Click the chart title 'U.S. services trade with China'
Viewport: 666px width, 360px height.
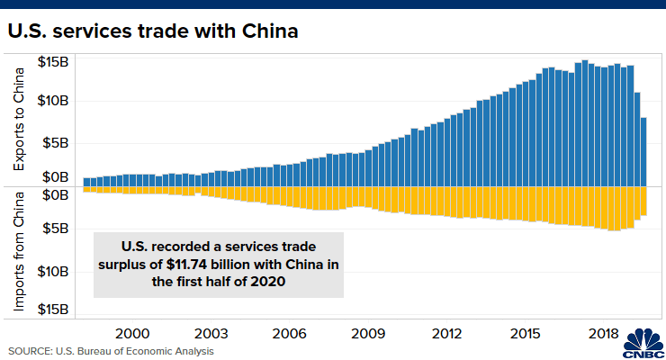coord(153,31)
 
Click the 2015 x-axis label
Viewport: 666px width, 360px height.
coord(526,333)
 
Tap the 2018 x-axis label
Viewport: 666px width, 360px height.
coord(604,333)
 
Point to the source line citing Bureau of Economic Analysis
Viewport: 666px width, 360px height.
coord(111,350)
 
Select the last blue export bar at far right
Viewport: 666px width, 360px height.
coord(644,151)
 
